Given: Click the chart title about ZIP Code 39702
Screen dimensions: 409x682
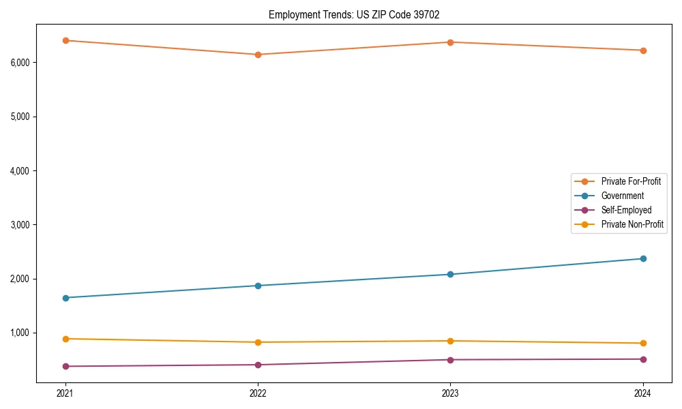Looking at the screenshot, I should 353,14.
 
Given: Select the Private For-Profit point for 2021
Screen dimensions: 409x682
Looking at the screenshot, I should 65,41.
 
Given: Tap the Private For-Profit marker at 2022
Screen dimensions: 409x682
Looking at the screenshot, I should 258,55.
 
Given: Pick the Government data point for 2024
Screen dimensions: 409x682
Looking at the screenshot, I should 643,258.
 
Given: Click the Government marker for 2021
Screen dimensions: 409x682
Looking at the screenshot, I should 65,298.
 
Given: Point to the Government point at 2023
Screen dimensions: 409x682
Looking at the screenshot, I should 450,275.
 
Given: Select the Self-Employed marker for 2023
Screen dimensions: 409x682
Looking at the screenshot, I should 450,360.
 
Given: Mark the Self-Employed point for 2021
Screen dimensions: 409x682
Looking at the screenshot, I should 65,366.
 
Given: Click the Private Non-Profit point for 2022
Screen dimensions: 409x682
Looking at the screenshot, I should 258,342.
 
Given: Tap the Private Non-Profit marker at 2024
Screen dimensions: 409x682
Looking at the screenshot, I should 643,343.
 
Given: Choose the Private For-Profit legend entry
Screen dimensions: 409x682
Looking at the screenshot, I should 630,181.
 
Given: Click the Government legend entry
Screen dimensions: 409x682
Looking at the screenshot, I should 622,196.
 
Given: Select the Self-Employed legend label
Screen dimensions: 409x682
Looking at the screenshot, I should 626,210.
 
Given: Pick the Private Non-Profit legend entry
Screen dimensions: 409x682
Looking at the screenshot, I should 632,224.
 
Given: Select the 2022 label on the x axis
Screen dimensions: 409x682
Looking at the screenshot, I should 258,393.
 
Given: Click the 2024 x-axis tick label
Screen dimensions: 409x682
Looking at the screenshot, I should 643,393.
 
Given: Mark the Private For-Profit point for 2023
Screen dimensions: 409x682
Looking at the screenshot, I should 450,42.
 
